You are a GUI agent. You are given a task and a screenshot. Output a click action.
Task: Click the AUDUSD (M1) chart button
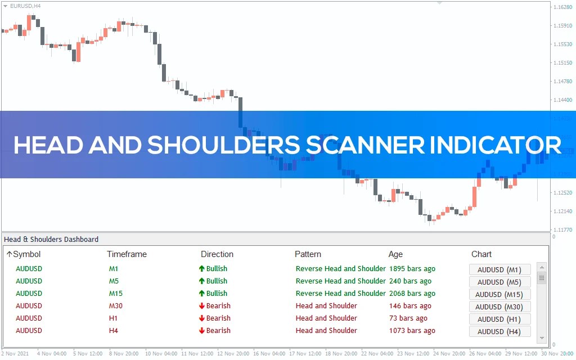499,269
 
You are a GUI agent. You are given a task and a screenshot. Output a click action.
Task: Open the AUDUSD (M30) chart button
499,307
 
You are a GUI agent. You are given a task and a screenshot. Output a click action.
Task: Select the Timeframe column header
127,254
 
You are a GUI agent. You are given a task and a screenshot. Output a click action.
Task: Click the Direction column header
217,254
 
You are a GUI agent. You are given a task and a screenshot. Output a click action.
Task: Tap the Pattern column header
308,254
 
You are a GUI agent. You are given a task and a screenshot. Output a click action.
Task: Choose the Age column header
395,254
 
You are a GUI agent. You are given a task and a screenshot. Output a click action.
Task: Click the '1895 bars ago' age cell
412,269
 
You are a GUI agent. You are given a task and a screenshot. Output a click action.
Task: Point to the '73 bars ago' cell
408,318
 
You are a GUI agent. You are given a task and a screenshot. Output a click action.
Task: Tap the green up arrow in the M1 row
202,269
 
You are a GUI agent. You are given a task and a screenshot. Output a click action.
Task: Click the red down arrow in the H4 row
202,331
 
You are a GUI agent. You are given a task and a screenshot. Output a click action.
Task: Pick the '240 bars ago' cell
410,281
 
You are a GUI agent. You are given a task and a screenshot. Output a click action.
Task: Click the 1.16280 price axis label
562,7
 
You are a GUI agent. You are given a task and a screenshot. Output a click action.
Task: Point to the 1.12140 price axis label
562,211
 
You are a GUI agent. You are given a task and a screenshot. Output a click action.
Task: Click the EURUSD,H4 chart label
25,6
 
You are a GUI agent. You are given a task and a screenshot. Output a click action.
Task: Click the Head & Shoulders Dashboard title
51,240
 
